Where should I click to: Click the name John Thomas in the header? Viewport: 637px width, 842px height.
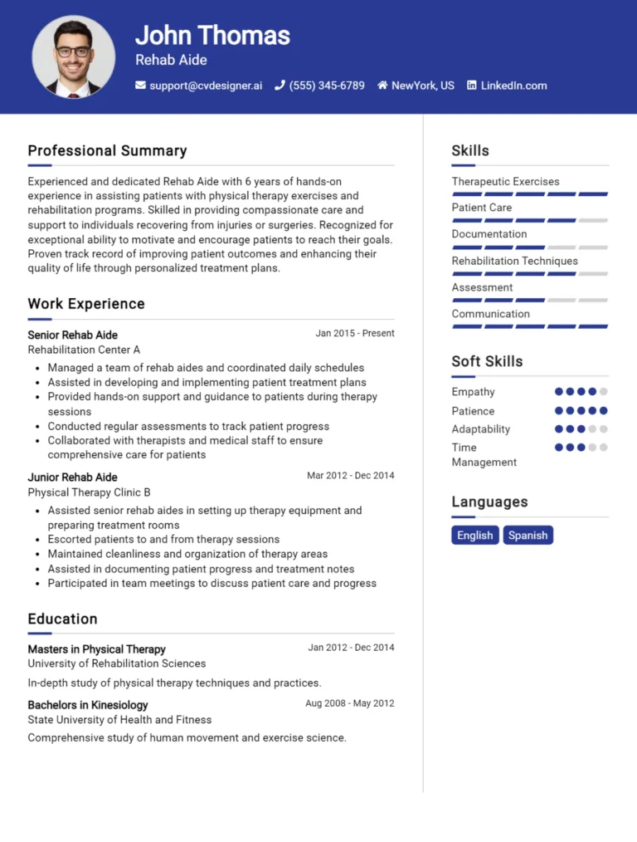pos(212,35)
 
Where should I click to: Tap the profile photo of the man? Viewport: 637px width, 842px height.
pos(73,56)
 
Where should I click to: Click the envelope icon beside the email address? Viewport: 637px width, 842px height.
pos(140,86)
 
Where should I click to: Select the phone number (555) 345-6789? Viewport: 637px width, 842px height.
pos(327,86)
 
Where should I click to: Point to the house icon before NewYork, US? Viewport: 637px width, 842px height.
pos(382,86)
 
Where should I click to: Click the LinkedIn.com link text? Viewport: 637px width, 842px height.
pos(513,86)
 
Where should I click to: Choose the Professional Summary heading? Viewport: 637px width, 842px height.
pos(107,150)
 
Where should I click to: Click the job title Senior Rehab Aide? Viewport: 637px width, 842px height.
pos(72,335)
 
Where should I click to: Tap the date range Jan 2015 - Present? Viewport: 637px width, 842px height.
pos(355,333)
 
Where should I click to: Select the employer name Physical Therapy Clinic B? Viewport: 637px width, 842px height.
pos(89,492)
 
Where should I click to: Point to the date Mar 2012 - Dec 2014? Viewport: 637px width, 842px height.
pos(351,476)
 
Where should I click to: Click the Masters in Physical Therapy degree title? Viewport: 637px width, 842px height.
pos(96,649)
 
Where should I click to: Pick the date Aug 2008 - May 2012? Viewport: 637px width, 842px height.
pos(350,703)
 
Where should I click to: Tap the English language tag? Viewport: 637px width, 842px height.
pos(475,535)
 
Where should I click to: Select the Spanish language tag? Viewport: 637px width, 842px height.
pos(528,535)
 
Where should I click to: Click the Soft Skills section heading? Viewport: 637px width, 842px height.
pos(487,361)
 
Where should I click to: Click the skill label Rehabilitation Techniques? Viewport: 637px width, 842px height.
pos(514,261)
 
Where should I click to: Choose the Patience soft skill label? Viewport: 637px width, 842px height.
pos(473,411)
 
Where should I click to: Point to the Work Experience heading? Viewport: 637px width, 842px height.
pos(86,304)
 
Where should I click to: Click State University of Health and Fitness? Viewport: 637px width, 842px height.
pos(119,719)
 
